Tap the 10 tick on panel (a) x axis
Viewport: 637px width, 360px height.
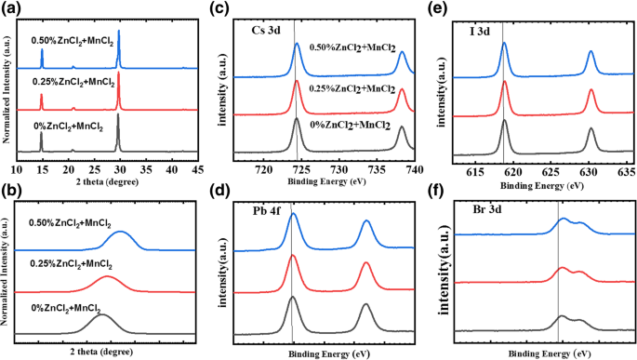[x=16, y=170]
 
